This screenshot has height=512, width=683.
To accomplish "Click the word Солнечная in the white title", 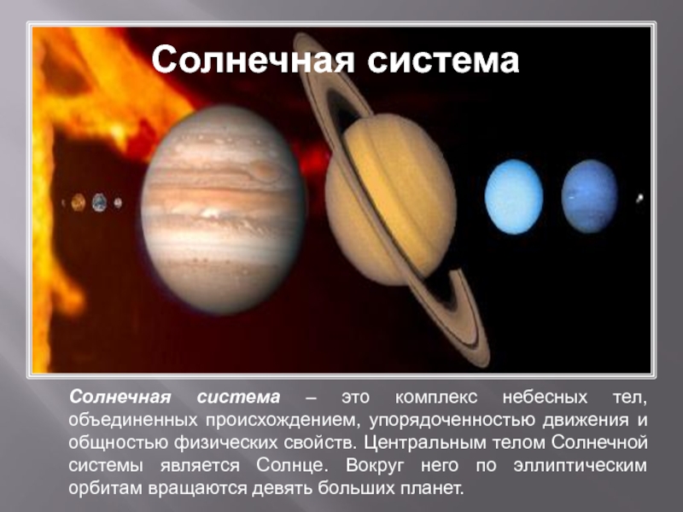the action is (x=253, y=60).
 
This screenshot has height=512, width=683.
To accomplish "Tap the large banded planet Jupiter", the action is (x=223, y=209).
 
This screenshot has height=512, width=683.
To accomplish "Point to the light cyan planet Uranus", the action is (x=514, y=197).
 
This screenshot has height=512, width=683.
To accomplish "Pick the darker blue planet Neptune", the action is (x=589, y=196).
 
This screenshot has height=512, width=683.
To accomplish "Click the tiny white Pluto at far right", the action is (x=639, y=199).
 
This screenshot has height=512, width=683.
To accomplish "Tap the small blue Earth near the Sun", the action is (x=99, y=202).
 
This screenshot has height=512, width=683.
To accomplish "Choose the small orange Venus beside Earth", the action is (x=79, y=202).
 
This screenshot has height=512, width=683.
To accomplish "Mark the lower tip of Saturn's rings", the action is (x=483, y=364).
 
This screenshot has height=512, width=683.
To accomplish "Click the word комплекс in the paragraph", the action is (x=436, y=398).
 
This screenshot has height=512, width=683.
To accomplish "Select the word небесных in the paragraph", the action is (x=545, y=398).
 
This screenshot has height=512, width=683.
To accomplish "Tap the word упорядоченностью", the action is (x=452, y=420).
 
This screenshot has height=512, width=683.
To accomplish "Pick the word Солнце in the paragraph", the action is (x=290, y=465).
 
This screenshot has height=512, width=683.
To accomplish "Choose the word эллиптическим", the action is (x=580, y=465).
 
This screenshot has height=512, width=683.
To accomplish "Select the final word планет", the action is (x=431, y=488).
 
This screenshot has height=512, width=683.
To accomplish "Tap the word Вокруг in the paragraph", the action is (x=375, y=465).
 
